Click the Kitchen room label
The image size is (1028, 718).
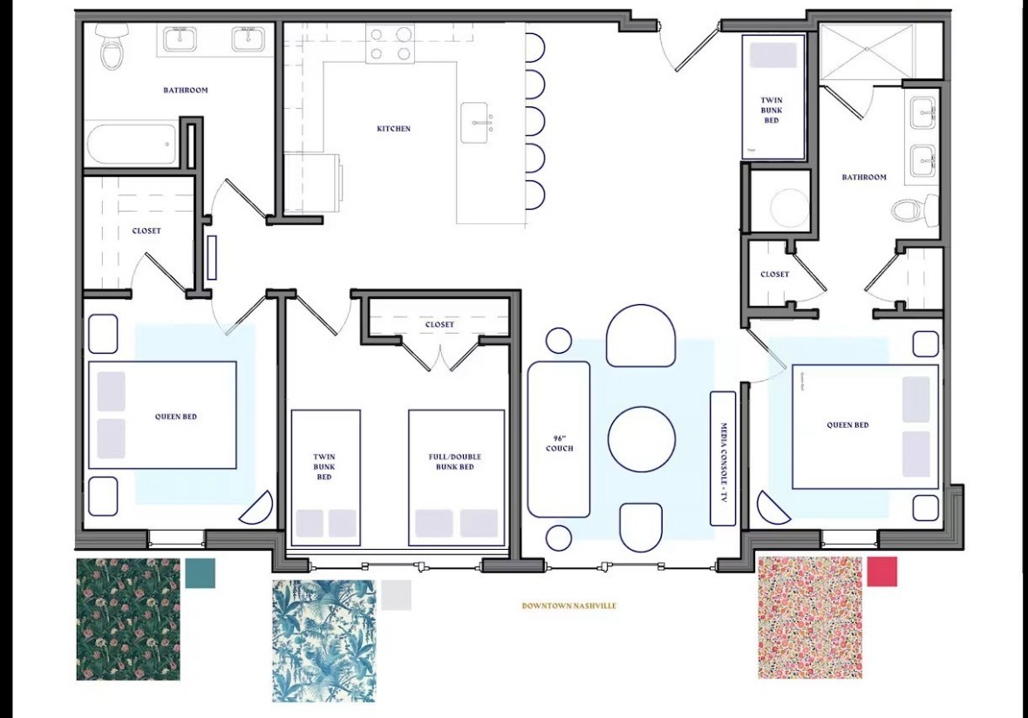coord(393,129)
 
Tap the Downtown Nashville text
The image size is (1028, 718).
coord(568,606)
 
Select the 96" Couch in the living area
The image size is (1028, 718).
coord(559,439)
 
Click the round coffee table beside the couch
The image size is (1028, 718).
coord(641,439)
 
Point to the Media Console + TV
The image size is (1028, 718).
coord(723,458)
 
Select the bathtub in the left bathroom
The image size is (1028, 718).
coord(131,144)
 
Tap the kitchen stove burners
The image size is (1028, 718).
coord(390,44)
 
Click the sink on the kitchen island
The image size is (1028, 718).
coord(475,122)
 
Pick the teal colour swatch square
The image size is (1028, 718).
coord(200,572)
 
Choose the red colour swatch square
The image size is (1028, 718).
coord(882,572)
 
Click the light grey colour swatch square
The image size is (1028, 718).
coord(396,595)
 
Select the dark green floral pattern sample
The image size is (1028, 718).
coord(128,620)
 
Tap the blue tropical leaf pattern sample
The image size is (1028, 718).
coord(323,641)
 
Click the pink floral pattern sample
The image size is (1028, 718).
coord(810,618)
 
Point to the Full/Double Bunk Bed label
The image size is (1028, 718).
coord(456,462)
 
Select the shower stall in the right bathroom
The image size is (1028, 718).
coord(867,52)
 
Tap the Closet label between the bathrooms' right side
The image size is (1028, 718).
coord(774,274)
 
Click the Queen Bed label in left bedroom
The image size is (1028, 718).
coord(176,417)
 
